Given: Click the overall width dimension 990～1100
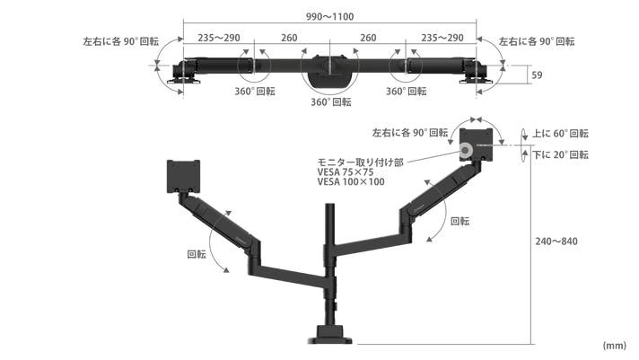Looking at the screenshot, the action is pos(329,17).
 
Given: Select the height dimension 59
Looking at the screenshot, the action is pos(537,75).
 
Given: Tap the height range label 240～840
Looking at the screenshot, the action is pos(556,241).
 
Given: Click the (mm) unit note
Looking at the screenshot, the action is pos(614,346).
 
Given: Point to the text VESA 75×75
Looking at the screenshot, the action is pos(346,172).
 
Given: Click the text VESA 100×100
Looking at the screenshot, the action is pos(351,182).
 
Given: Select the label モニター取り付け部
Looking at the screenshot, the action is pos(360,162).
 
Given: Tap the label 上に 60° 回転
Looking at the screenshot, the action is pos(560,134).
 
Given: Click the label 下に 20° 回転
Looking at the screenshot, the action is pos(560,155).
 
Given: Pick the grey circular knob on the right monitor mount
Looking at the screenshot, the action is pos(465,151).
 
